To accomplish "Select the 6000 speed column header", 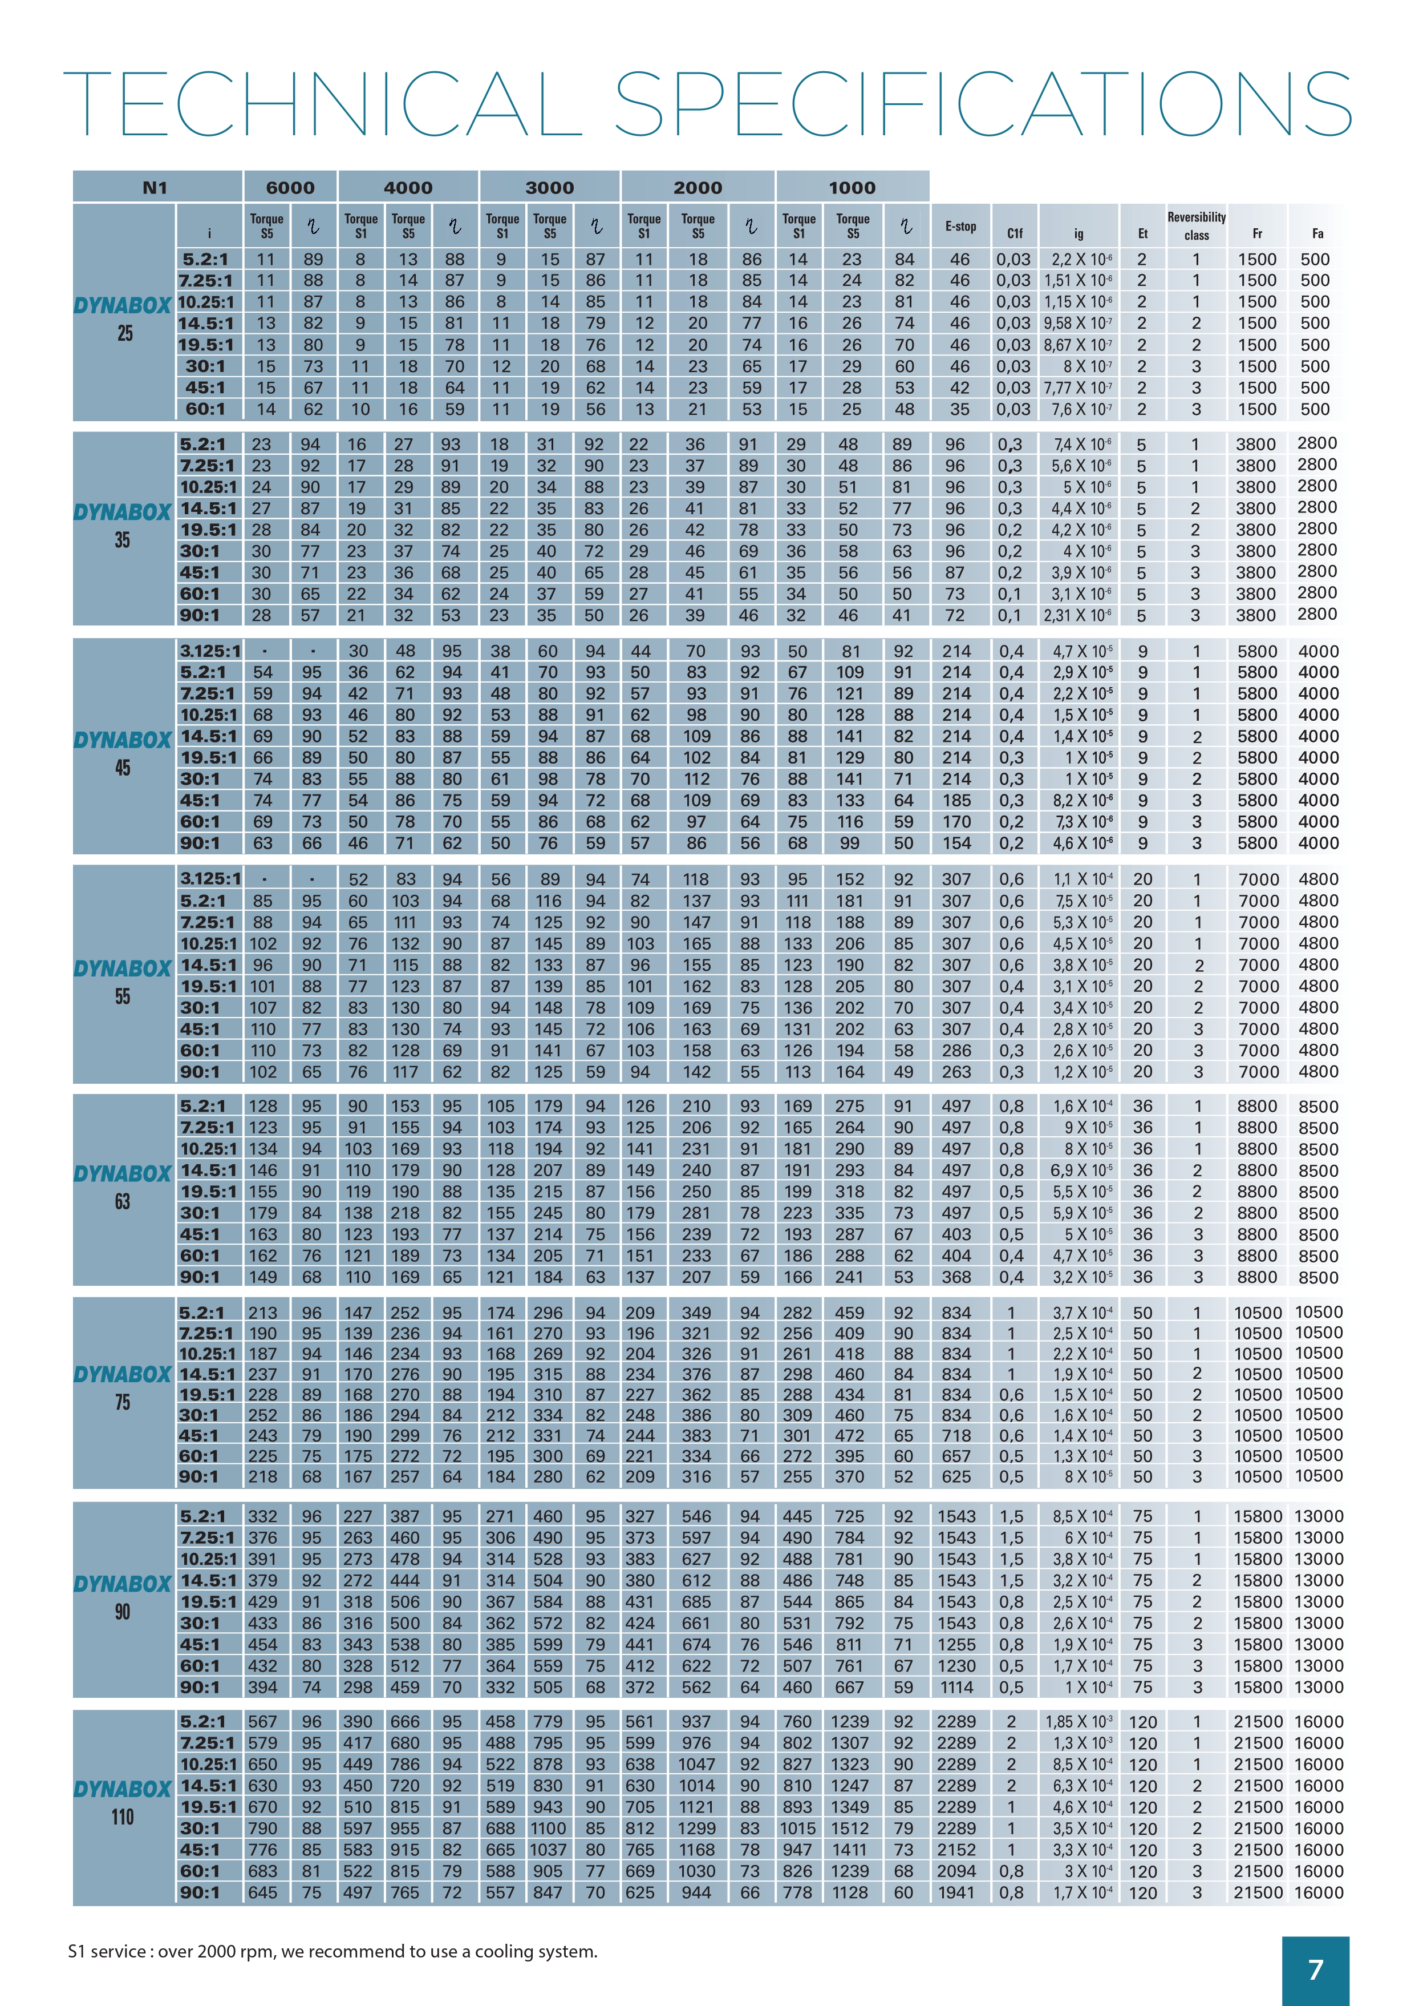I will (290, 187).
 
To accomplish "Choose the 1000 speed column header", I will (852, 187).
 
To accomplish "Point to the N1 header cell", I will (156, 187).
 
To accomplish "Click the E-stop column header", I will (960, 227).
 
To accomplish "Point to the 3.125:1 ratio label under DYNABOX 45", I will (210, 651).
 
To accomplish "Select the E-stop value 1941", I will (956, 1892).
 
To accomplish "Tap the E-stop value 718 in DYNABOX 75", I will (956, 1435).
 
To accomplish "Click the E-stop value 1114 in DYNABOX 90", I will (956, 1687).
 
